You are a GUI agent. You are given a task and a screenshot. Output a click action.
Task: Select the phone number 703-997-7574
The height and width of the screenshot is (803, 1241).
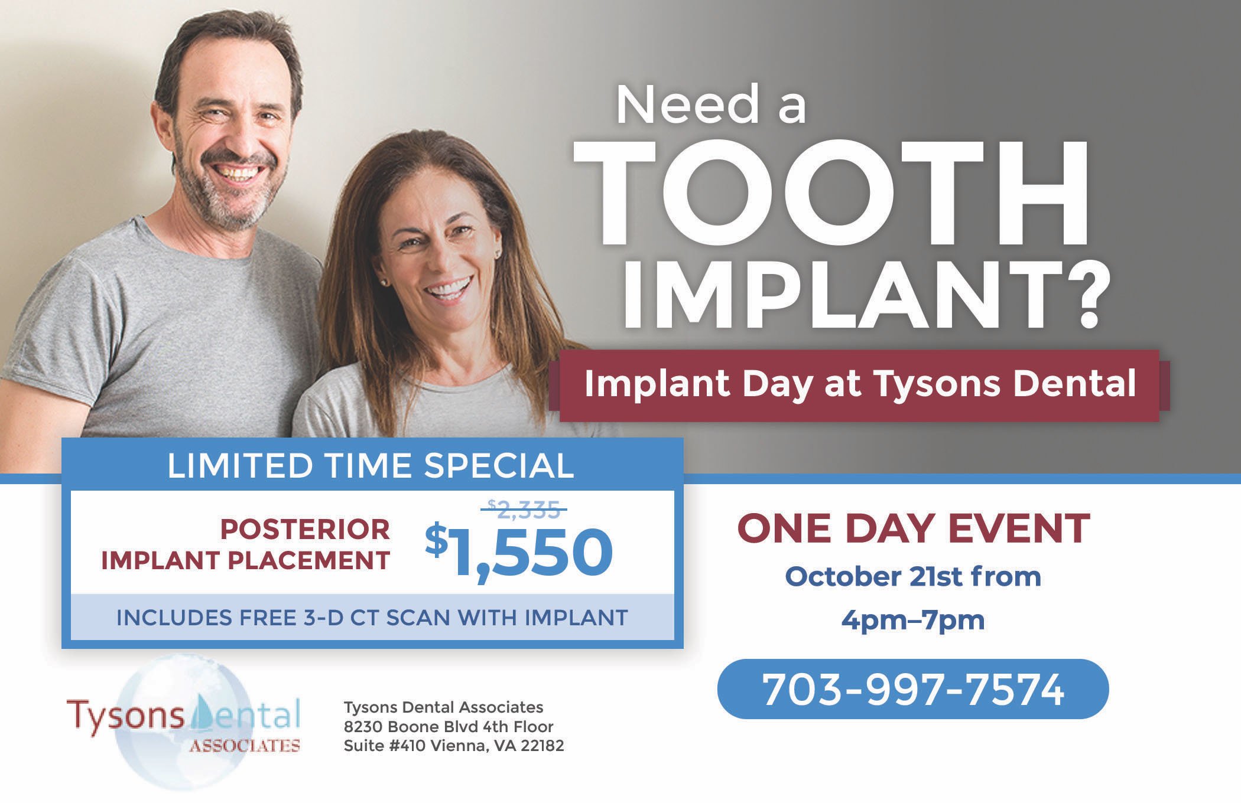pyautogui.click(x=913, y=689)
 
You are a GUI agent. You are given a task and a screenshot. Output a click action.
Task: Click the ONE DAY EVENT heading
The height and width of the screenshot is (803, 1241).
pyautogui.click(x=913, y=528)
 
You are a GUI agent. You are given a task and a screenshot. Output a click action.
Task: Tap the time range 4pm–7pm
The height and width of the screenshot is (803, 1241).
pyautogui.click(x=913, y=621)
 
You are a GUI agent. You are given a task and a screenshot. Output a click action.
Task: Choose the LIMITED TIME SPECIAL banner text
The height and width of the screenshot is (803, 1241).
pyautogui.click(x=371, y=465)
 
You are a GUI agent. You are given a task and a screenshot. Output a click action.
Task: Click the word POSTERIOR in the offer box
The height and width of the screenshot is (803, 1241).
pyautogui.click(x=305, y=530)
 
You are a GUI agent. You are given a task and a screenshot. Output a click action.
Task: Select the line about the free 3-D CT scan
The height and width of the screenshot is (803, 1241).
pyautogui.click(x=372, y=618)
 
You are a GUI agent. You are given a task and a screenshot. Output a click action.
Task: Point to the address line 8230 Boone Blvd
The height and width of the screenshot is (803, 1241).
pyautogui.click(x=449, y=726)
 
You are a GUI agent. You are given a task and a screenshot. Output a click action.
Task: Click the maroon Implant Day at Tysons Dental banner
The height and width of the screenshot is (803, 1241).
pyautogui.click(x=859, y=384)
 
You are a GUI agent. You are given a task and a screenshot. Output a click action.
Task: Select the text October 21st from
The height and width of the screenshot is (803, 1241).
pyautogui.click(x=913, y=577)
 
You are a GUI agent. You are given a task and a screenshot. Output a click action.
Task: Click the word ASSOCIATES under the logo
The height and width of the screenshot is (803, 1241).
pyautogui.click(x=245, y=746)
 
